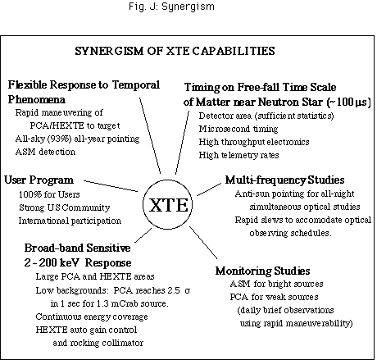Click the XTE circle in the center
tap(167, 180)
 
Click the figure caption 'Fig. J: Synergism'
tap(171, 7)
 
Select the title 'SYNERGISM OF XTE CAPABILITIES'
tap(175, 51)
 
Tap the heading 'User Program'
tap(39, 180)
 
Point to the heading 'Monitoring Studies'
tap(263, 271)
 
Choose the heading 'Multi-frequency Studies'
tap(284, 180)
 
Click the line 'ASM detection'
tap(45, 152)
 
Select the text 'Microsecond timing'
tap(238, 129)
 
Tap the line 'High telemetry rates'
tap(238, 155)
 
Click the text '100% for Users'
tap(49, 194)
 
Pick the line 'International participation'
tap(70, 221)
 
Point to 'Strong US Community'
tap(65, 207)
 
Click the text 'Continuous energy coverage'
tap(92, 317)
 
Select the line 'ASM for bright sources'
tap(276, 284)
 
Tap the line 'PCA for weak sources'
tap(274, 297)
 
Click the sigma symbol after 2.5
tap(187, 290)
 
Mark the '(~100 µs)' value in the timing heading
tap(348, 103)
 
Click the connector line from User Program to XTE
tap(111, 186)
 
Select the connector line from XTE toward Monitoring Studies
tap(203, 242)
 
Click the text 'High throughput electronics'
tap(254, 142)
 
